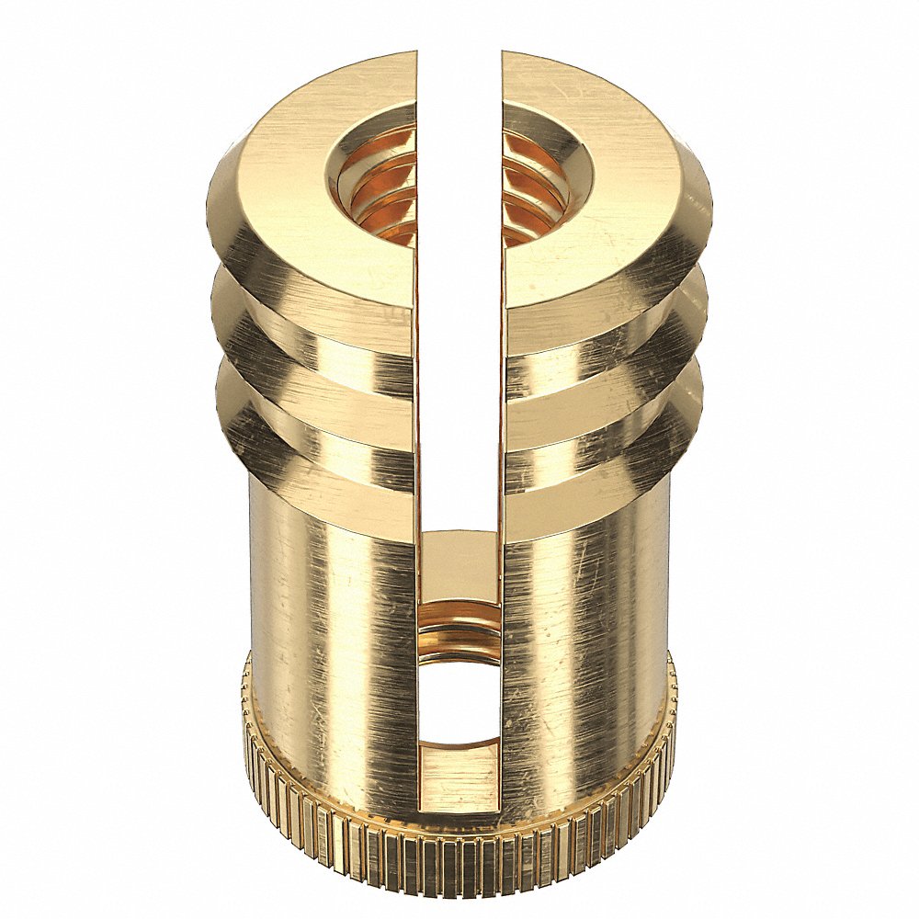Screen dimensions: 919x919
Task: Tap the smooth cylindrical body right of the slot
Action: point(588,625)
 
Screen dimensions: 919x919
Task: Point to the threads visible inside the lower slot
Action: point(459,630)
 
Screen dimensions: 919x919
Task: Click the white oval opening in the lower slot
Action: point(459,698)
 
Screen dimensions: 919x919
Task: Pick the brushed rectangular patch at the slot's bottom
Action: point(459,777)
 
